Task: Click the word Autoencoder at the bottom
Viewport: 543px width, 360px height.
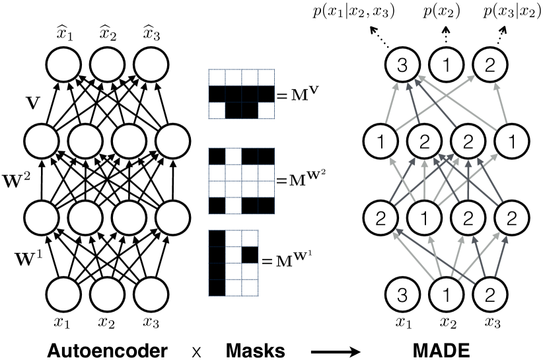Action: click(x=108, y=351)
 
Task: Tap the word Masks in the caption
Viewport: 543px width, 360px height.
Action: click(x=255, y=351)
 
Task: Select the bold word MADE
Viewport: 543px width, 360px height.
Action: click(x=441, y=351)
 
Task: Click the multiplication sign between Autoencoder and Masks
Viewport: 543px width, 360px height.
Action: click(x=196, y=353)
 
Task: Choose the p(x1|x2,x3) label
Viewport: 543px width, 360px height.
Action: click(x=353, y=12)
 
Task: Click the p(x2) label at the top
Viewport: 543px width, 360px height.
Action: click(x=441, y=12)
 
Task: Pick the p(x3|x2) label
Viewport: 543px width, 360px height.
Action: click(x=512, y=12)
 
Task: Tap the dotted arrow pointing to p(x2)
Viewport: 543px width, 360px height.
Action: click(x=446, y=35)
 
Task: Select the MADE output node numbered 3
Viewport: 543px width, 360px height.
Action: click(x=402, y=65)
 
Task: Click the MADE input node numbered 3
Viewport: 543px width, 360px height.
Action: click(x=402, y=295)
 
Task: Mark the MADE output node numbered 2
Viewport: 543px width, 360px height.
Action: click(x=489, y=65)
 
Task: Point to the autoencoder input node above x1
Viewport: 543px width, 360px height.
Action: click(x=63, y=295)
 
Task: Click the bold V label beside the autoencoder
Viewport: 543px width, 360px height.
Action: click(x=33, y=103)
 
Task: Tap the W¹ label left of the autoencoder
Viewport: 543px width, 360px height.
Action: click(x=29, y=258)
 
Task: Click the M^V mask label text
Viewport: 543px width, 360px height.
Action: click(x=296, y=94)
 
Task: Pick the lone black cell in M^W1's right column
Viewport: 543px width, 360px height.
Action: click(x=250, y=255)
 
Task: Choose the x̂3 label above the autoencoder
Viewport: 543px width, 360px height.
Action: click(x=151, y=34)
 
